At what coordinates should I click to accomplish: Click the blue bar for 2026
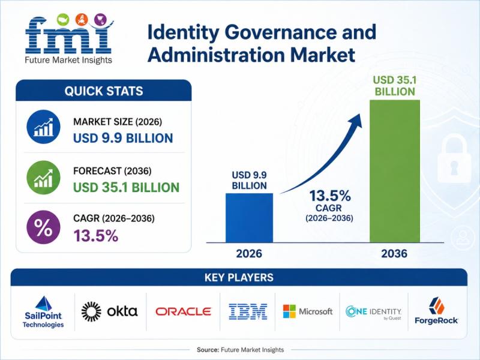point(249,218)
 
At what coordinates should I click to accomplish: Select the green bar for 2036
point(395,171)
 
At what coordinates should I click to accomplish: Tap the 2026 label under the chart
point(249,253)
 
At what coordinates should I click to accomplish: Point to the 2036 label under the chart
point(394,253)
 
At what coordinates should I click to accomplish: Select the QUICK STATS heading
point(104,91)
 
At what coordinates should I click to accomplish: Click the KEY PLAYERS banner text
point(239,277)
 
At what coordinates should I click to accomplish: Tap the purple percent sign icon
point(43,227)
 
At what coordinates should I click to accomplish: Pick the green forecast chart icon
point(43,178)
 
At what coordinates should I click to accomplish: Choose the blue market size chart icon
point(43,127)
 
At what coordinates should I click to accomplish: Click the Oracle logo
point(184,311)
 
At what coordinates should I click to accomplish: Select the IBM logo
point(248,311)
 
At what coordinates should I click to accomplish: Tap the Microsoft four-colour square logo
point(289,311)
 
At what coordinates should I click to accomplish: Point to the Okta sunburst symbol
point(91,311)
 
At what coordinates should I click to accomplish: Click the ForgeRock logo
point(436,310)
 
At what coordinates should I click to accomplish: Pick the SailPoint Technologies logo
point(43,312)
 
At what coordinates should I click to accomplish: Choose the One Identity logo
point(373,313)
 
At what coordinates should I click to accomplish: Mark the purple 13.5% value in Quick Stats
point(96,236)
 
